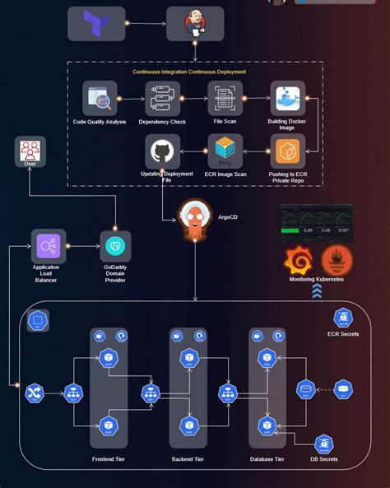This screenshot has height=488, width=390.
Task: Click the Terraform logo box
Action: (x=97, y=24)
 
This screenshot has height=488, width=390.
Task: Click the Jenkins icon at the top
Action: (x=195, y=24)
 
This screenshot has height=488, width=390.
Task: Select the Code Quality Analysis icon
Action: (x=100, y=99)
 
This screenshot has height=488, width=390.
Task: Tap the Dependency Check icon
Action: (x=162, y=99)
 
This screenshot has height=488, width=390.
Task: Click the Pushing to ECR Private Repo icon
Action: (x=287, y=151)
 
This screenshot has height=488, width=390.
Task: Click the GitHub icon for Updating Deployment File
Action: (x=162, y=151)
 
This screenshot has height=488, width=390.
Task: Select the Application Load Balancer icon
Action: (x=48, y=246)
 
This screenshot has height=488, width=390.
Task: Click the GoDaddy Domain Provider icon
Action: (x=115, y=246)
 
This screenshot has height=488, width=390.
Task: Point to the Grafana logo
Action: (x=298, y=262)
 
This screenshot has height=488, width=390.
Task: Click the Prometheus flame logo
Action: (x=338, y=262)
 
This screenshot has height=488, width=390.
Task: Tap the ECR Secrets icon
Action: (x=344, y=318)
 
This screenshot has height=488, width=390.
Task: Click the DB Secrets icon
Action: (x=326, y=444)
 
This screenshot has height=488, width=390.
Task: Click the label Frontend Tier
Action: (x=109, y=458)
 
